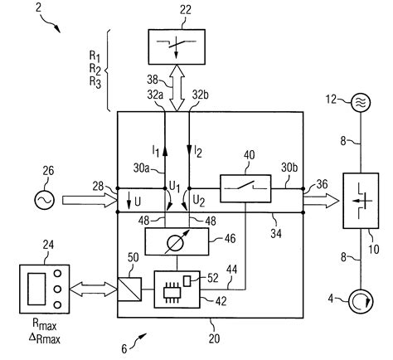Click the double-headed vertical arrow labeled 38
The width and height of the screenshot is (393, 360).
(179, 90)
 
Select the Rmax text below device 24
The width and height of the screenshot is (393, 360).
(47, 323)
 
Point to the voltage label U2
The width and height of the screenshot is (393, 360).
(199, 200)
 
